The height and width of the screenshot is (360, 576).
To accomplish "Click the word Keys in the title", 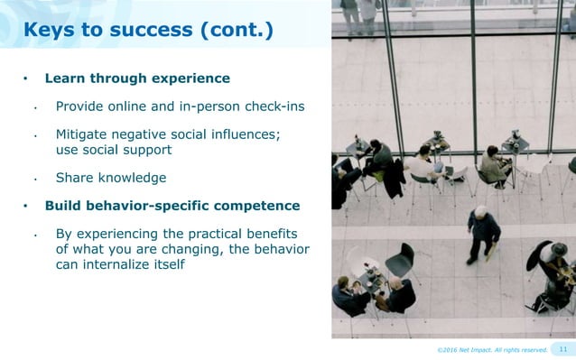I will [50, 32].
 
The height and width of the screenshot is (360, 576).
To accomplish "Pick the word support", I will [144, 149].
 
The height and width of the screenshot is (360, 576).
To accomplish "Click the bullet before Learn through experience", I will [26, 78].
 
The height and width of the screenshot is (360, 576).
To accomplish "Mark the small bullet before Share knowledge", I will [34, 179].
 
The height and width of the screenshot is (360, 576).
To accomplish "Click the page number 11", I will [563, 349].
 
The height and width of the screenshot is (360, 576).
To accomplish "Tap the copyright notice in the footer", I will [492, 350].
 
